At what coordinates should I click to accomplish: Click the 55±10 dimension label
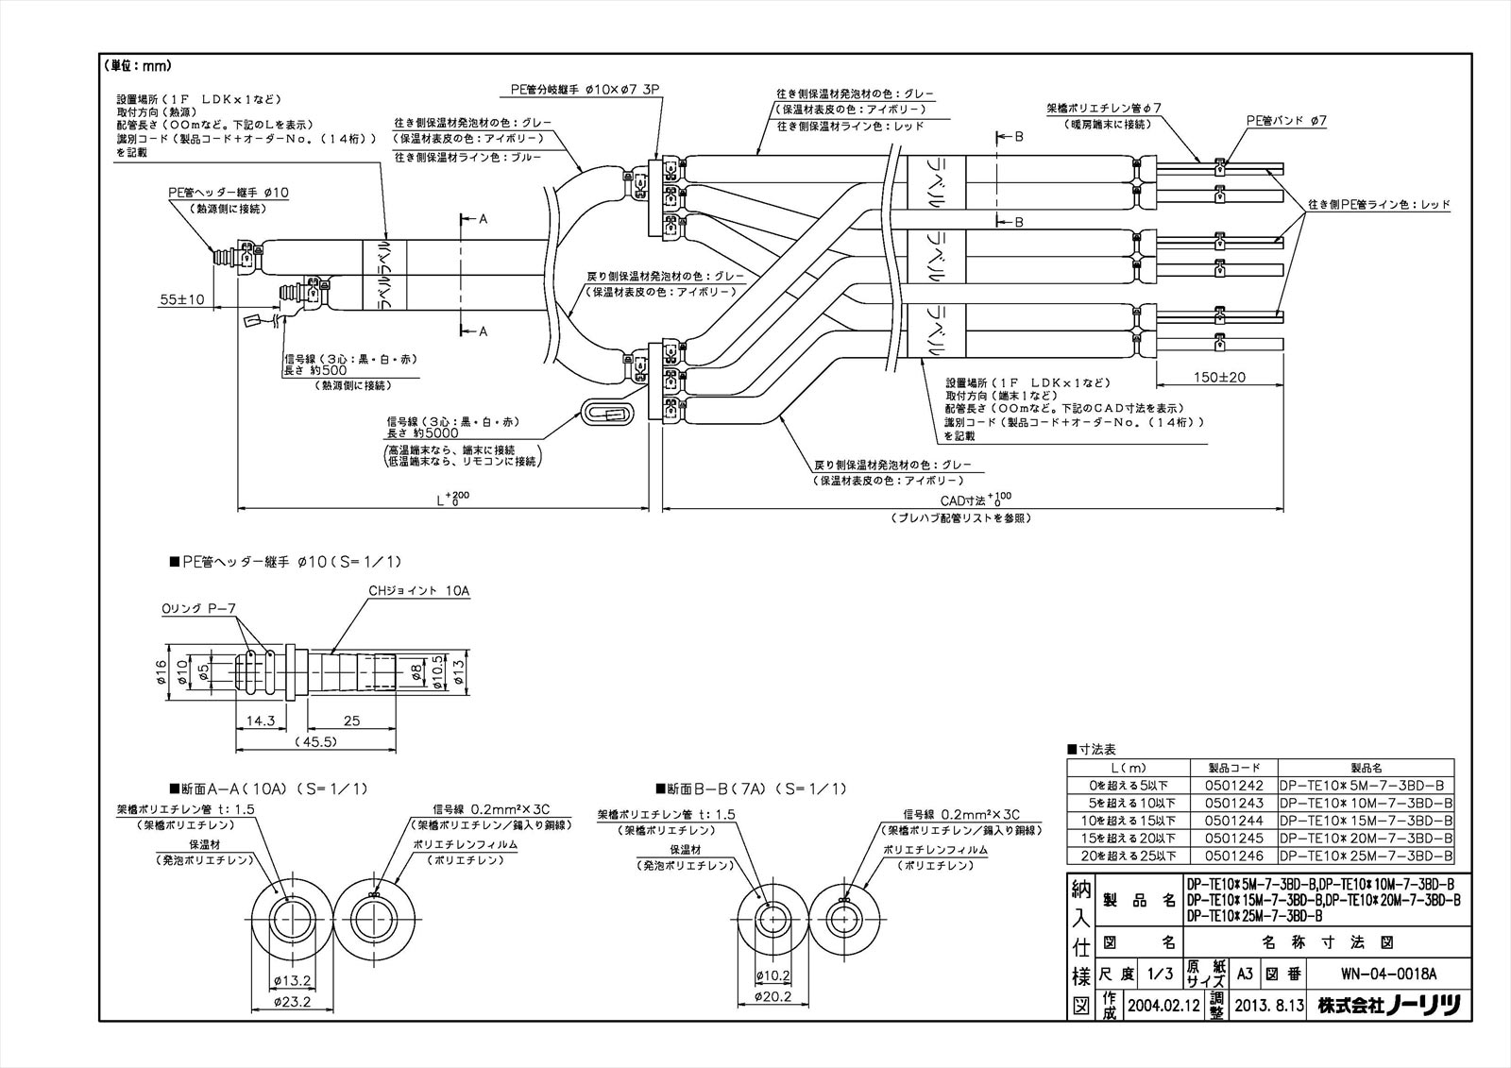coord(182,299)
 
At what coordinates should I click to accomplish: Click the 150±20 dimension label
coord(1218,377)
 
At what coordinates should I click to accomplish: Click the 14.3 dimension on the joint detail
coord(260,721)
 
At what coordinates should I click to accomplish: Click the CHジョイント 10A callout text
coord(418,591)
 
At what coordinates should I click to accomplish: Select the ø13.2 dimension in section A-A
coord(292,981)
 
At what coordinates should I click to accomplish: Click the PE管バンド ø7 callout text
coord(1286,121)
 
